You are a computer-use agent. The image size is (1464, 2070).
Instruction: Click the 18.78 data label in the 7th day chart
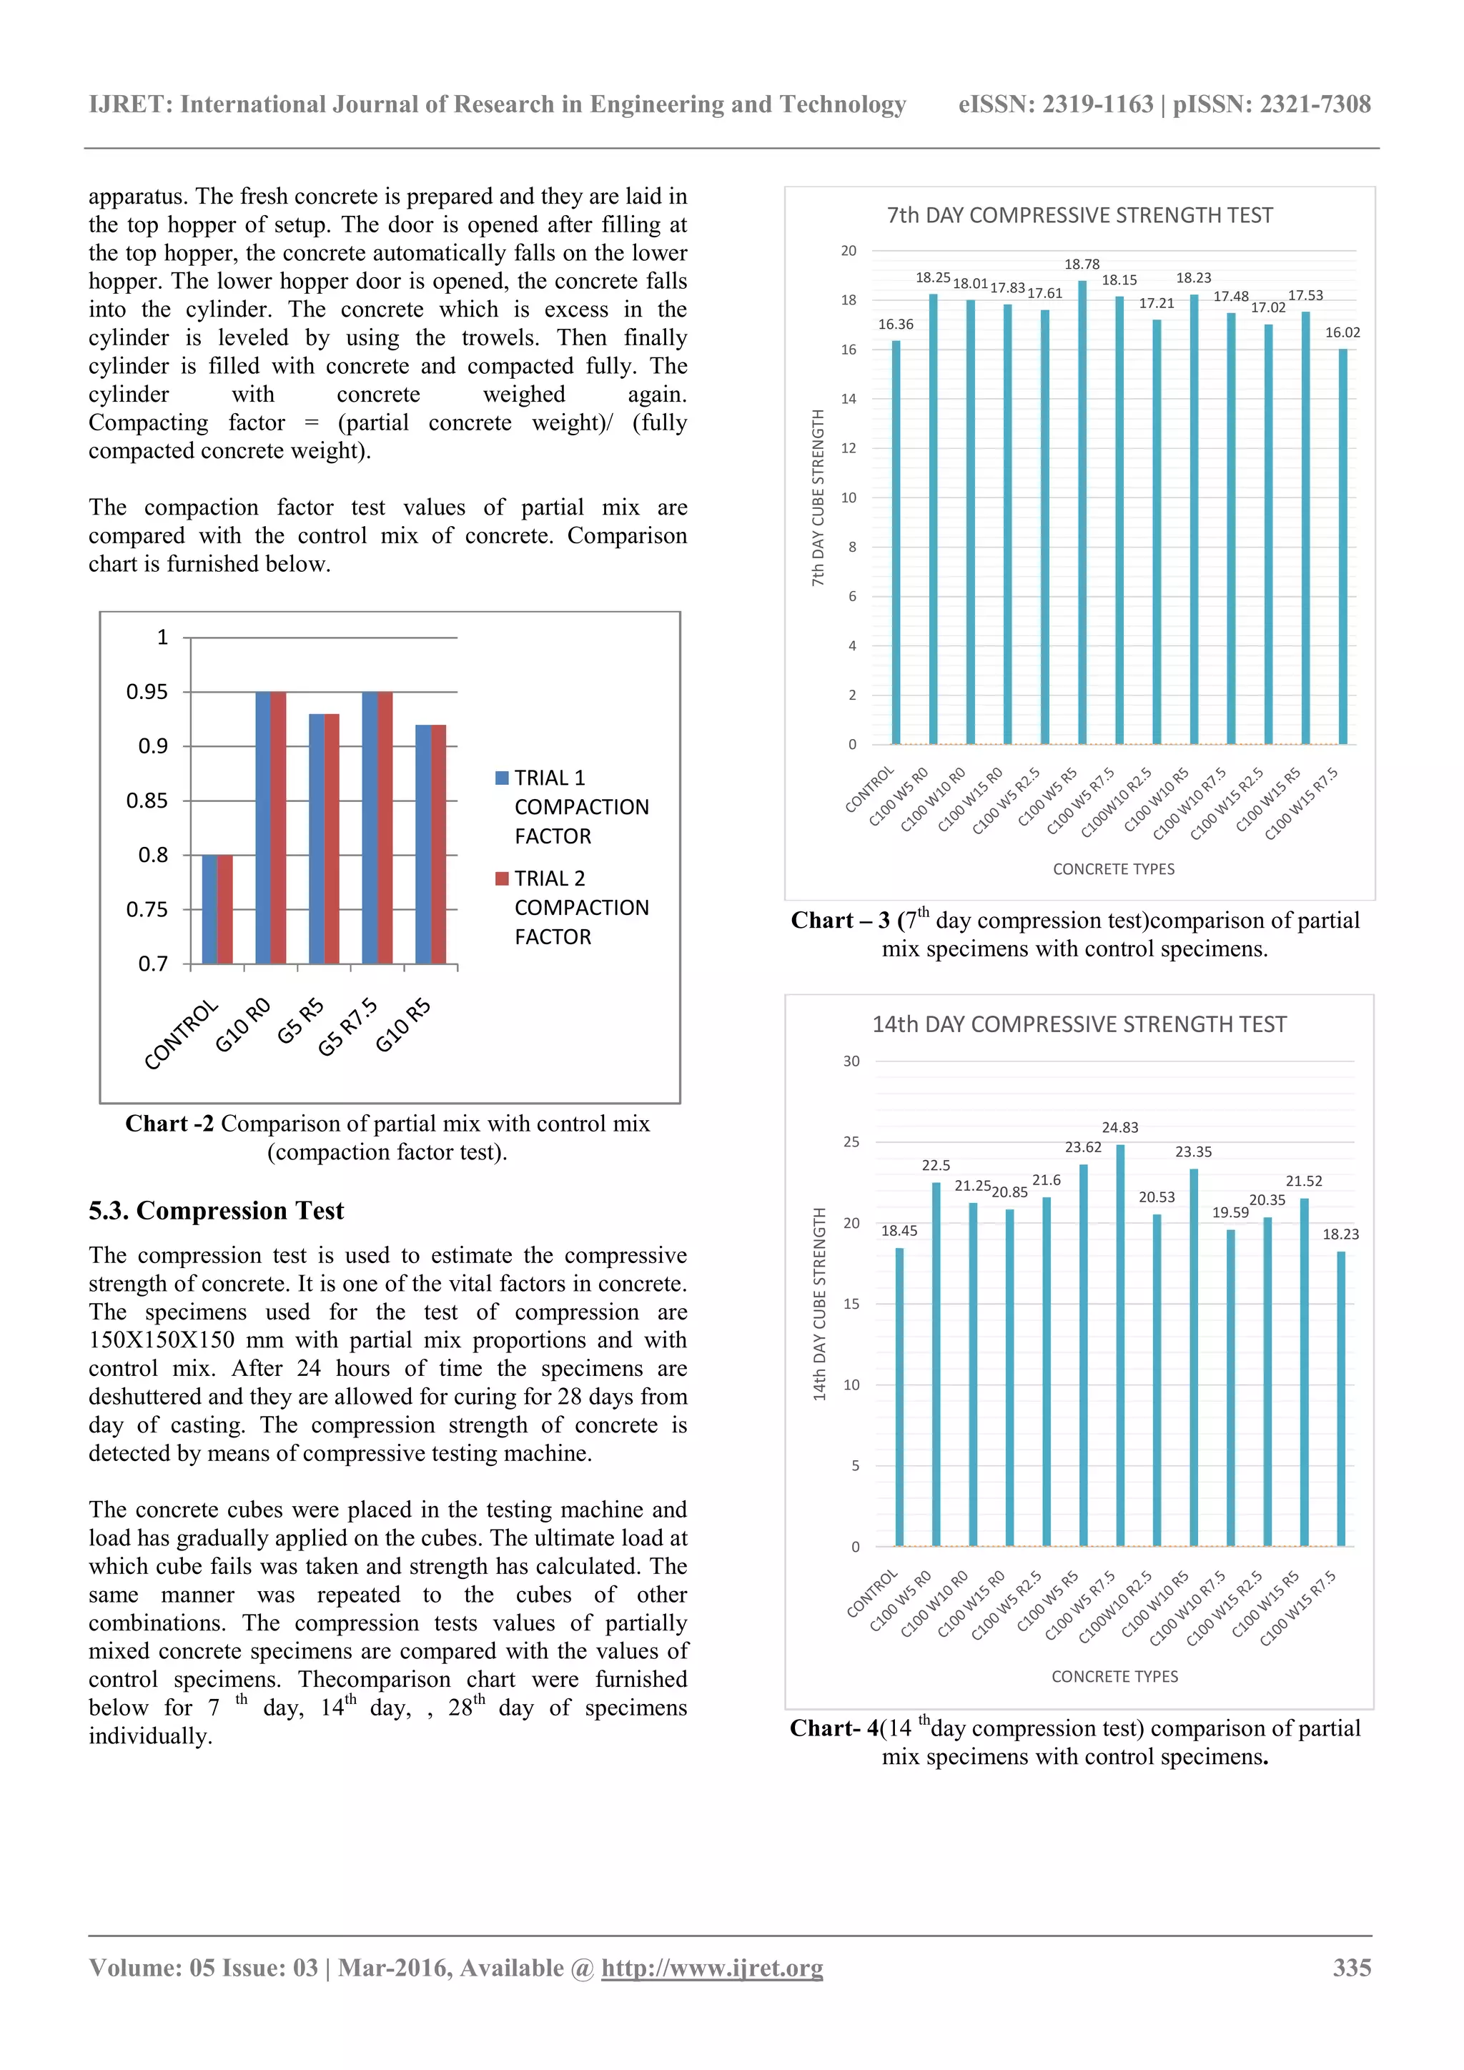(x=1082, y=264)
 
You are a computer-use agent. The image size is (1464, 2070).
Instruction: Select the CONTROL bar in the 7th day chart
(x=896, y=541)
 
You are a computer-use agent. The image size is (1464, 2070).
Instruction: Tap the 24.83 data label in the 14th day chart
(x=1119, y=1128)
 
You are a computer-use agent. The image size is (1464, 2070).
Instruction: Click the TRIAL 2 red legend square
(x=502, y=879)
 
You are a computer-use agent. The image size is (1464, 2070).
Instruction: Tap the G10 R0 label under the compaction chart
(x=242, y=1025)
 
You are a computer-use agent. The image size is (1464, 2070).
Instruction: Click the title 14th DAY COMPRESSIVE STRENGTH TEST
(x=1079, y=1025)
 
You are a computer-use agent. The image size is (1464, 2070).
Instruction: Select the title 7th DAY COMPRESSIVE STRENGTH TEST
(x=1079, y=215)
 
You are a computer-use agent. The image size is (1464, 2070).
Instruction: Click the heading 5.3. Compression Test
(x=217, y=1211)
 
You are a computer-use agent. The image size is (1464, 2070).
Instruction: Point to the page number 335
(x=1351, y=1968)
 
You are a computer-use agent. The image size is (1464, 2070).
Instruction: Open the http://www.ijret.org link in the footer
(x=712, y=1968)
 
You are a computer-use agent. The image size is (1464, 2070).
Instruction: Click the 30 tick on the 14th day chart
(x=851, y=1061)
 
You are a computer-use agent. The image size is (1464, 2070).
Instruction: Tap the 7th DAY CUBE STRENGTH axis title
(x=818, y=497)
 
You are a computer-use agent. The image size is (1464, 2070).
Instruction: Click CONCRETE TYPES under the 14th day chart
(x=1114, y=1677)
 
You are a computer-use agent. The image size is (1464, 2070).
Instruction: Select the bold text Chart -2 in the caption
(x=169, y=1124)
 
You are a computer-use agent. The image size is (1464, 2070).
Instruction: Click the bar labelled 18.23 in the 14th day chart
(x=1340, y=1397)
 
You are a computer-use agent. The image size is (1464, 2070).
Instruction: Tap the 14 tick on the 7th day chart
(x=849, y=400)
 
